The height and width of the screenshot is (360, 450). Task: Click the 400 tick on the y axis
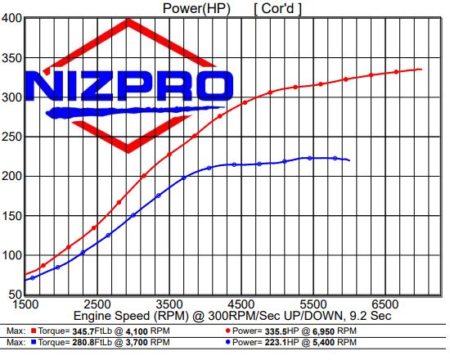coord(11,18)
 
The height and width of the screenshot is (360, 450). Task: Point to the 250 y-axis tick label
coord(11,137)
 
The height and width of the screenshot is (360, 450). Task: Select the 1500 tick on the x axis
coord(27,302)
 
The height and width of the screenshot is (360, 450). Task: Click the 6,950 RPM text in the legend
coord(334,331)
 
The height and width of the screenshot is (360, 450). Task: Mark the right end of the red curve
coord(421,70)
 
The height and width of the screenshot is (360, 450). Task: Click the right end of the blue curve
coord(349,160)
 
